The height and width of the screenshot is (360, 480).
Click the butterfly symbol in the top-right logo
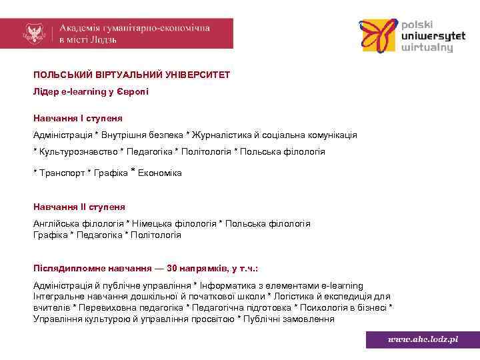[378, 36]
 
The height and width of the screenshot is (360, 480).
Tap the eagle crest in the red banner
[33, 33]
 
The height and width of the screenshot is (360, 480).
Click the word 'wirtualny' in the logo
[427, 48]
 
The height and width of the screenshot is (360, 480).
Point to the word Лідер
[46, 91]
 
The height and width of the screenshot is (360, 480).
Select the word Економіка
[159, 173]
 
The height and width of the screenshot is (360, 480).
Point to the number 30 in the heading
[172, 269]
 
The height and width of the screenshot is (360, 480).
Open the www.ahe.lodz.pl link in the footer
[423, 339]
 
